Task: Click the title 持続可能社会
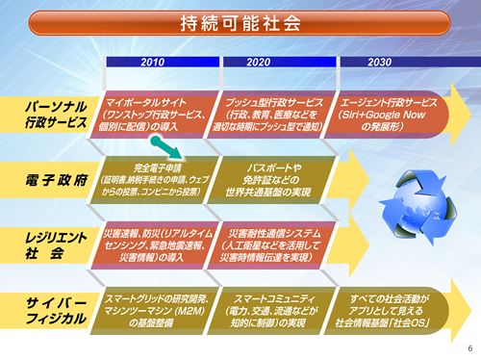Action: point(240,21)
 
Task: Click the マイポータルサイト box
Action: point(157,112)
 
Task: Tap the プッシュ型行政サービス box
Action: point(269,112)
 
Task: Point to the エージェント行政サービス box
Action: point(382,112)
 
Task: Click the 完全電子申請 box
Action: point(157,177)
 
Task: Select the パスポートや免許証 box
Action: point(269,177)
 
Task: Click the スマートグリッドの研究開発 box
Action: point(157,306)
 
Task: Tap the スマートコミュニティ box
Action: point(269,306)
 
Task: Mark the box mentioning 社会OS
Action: point(382,306)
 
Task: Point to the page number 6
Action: point(469,348)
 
